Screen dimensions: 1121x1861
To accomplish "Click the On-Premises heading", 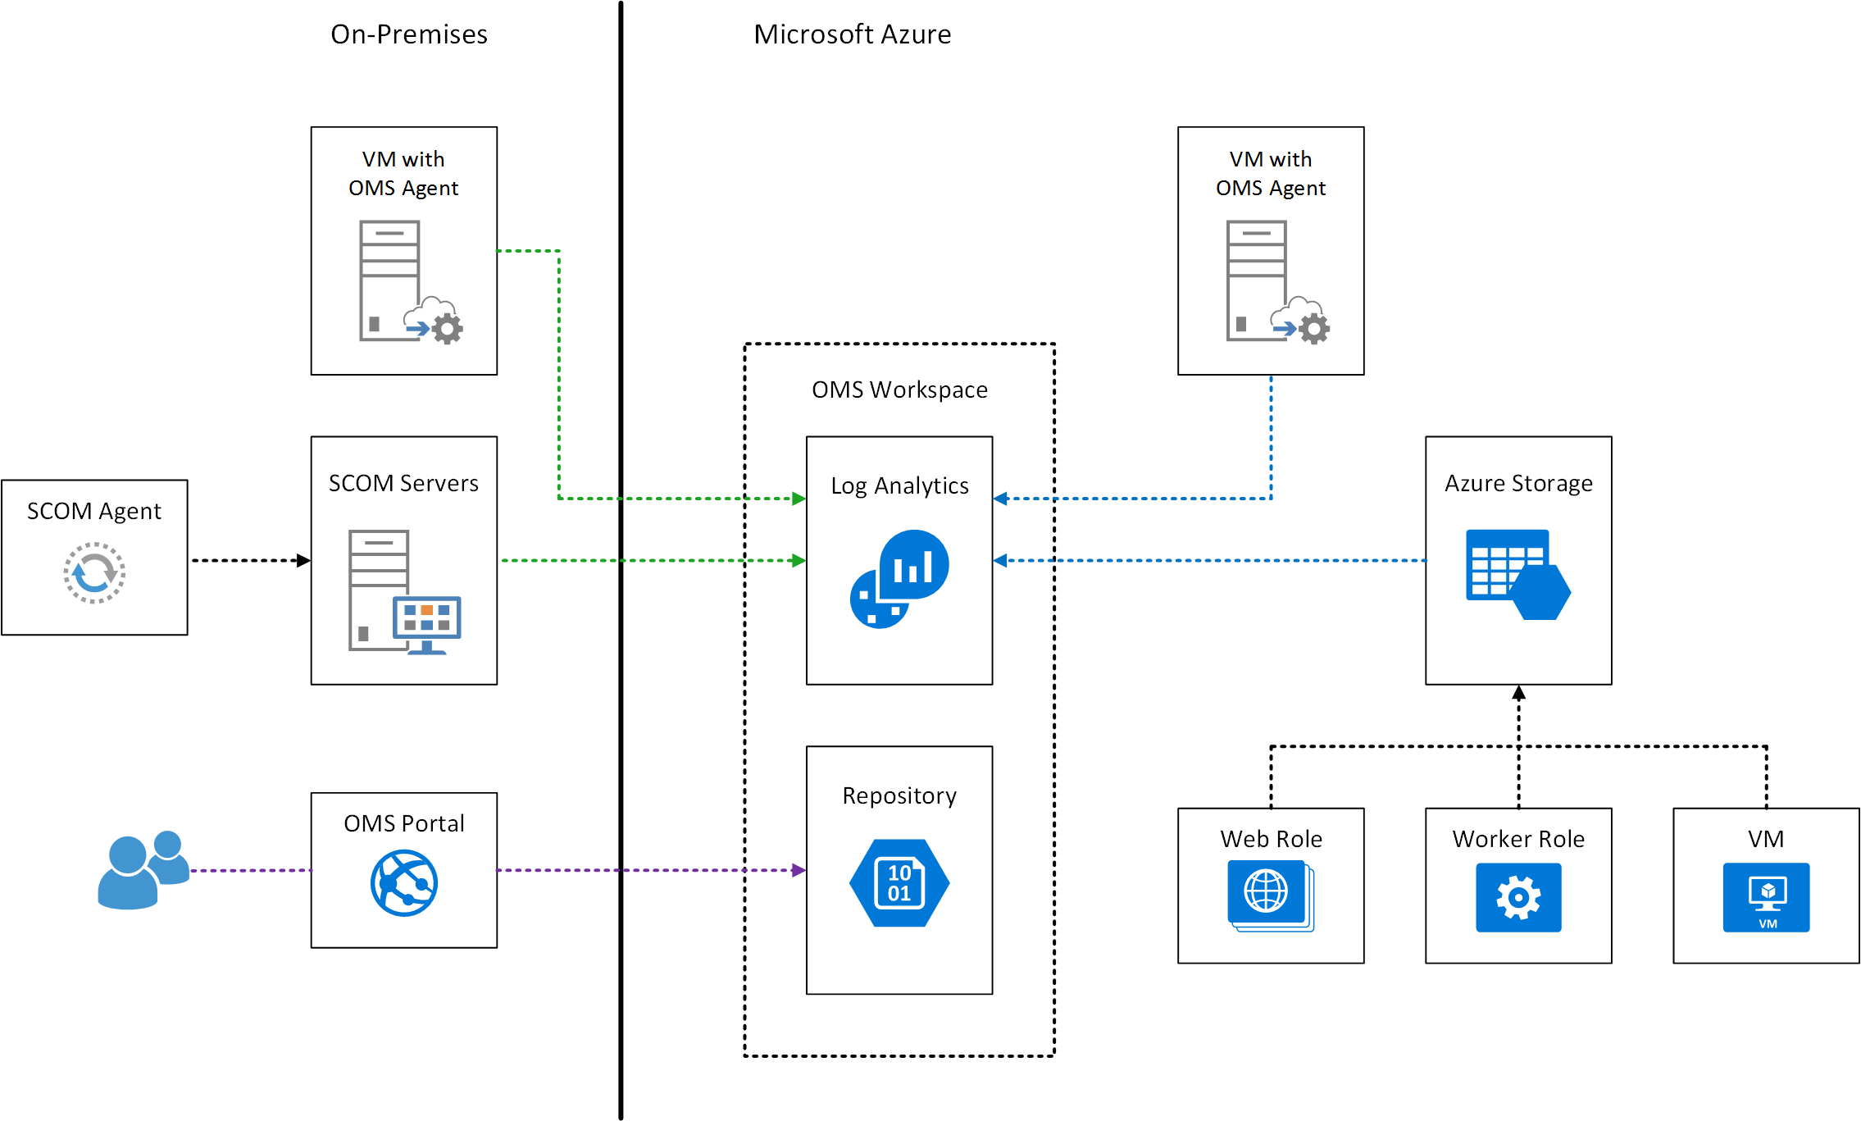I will (x=409, y=34).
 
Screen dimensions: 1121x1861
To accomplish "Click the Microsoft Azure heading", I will (x=852, y=34).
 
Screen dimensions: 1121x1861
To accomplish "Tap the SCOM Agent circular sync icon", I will (x=94, y=572).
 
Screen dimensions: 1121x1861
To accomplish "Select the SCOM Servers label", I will (x=403, y=483).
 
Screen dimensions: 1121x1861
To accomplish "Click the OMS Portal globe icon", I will (x=404, y=882).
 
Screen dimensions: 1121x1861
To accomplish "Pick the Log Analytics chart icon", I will (x=899, y=578).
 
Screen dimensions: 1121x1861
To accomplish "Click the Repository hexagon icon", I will (x=899, y=882).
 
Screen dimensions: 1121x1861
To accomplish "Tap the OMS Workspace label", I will (x=899, y=390).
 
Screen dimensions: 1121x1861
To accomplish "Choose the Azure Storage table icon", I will (x=1517, y=574).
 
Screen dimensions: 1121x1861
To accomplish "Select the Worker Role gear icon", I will (x=1518, y=897).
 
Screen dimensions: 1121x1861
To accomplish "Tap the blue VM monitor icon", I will (x=1766, y=897).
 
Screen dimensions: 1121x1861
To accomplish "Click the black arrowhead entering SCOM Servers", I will (x=303, y=561).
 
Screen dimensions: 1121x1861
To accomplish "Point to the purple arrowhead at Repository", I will (x=799, y=870).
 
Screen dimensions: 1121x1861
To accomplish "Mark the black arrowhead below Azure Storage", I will (x=1518, y=694).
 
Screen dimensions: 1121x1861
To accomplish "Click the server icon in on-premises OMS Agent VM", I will (x=390, y=280).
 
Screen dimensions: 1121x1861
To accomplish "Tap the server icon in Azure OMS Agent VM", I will (x=1257, y=280).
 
